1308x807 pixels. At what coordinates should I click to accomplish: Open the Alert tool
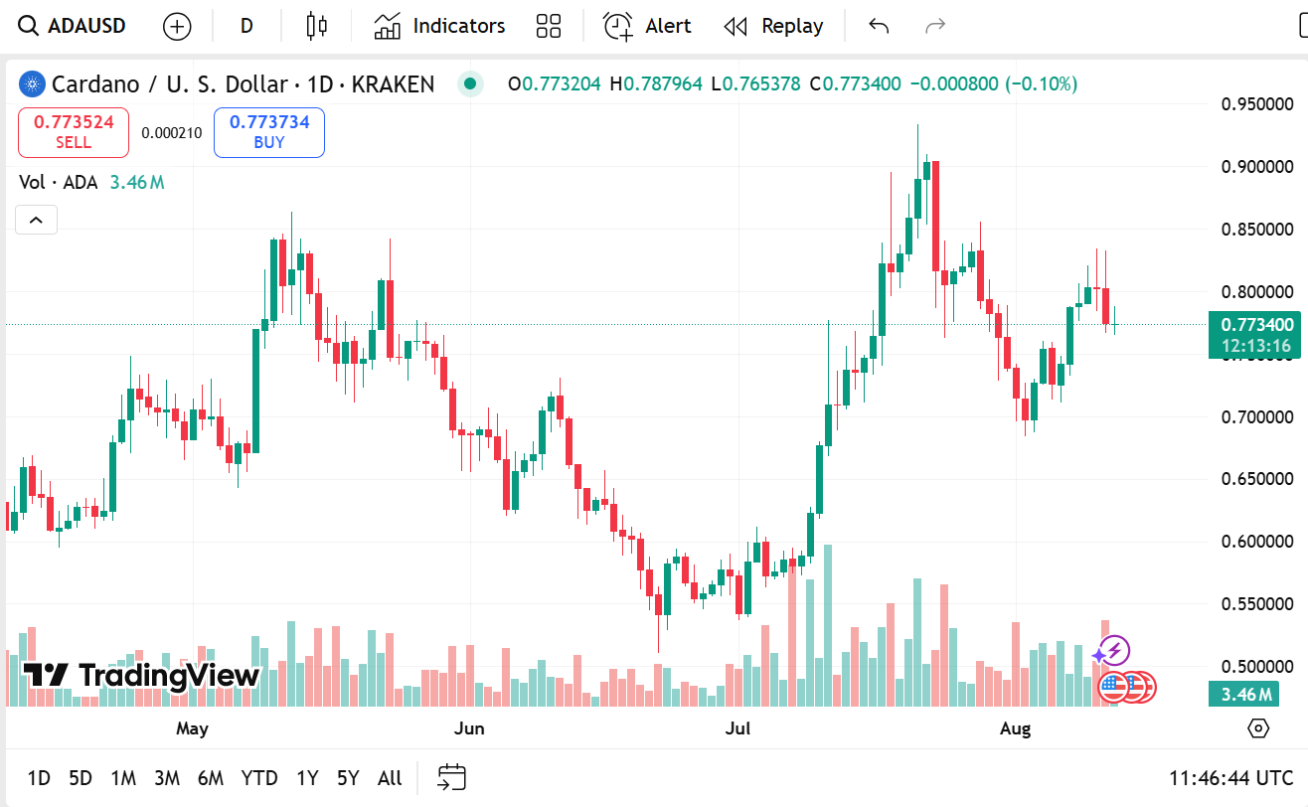[647, 26]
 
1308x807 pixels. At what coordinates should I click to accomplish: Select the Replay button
[774, 26]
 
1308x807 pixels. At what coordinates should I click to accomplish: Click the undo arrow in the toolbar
[879, 26]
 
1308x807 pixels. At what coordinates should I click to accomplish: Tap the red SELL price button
[74, 132]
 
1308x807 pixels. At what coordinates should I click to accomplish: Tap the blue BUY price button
[269, 132]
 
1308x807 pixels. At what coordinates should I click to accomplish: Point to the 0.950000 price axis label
[1257, 103]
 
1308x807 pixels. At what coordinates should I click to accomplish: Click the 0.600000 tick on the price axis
[1257, 542]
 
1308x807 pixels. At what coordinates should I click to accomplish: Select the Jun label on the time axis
[469, 728]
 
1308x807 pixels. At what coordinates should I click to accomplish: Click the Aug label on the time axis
[1015, 728]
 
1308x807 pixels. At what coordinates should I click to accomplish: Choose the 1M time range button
[123, 778]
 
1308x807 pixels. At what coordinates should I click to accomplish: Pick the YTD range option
[259, 778]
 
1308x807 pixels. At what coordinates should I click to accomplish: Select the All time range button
[390, 778]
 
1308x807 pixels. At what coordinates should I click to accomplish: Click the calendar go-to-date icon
[452, 777]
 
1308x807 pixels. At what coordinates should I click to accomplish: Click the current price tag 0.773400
[1257, 325]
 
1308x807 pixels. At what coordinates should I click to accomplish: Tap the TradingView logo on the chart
[141, 676]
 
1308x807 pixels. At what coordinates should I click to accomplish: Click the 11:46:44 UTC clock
[1230, 778]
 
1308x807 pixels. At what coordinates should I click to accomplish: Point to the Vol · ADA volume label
[59, 182]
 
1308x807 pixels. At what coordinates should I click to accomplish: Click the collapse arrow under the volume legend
[36, 220]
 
